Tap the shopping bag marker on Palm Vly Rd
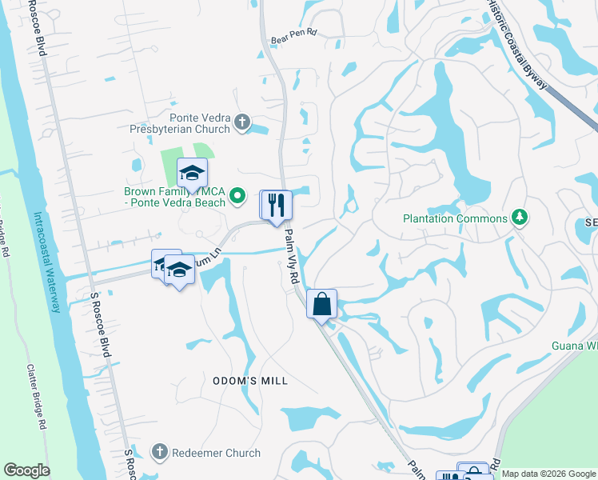[x=321, y=304]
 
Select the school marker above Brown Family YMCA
[x=192, y=173]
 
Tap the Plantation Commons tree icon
[x=520, y=218]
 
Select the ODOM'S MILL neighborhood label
[x=249, y=381]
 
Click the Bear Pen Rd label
[x=294, y=35]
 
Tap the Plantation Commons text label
[x=455, y=218]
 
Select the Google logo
[x=26, y=470]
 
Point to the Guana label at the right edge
[x=574, y=346]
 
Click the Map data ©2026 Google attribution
[x=548, y=474]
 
